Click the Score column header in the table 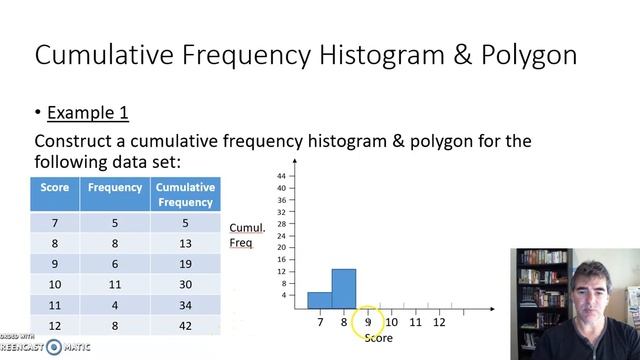pyautogui.click(x=54, y=187)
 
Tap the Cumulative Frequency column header pyautogui.click(x=185, y=194)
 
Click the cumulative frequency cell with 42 pyautogui.click(x=185, y=326)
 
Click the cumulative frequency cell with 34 pyautogui.click(x=185, y=305)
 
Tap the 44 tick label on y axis pyautogui.click(x=281, y=176)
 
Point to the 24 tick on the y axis pyautogui.click(x=281, y=236)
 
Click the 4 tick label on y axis pyautogui.click(x=283, y=295)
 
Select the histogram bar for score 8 pyautogui.click(x=343, y=288)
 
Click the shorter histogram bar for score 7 pyautogui.click(x=319, y=299)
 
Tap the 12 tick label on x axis pyautogui.click(x=439, y=322)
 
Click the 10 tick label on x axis pyautogui.click(x=391, y=322)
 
